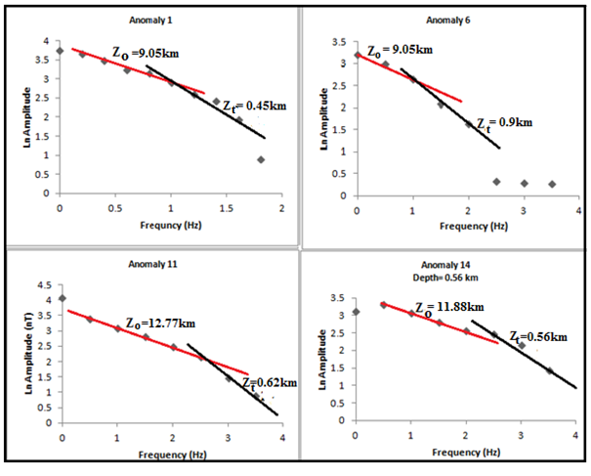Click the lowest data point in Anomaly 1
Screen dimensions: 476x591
[261, 159]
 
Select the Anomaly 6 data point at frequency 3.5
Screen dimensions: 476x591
[552, 184]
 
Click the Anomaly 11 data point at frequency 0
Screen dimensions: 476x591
[62, 298]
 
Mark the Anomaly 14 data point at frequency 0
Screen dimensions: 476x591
[356, 312]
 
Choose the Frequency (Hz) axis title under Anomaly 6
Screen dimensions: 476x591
[467, 224]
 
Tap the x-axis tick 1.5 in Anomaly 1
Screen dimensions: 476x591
[226, 208]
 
